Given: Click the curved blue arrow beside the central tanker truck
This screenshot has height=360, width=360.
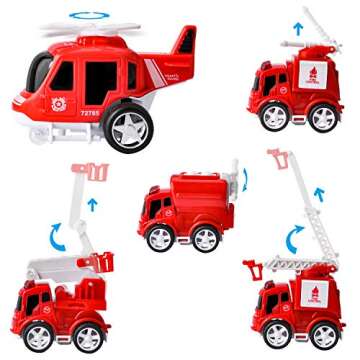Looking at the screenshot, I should [x=247, y=180].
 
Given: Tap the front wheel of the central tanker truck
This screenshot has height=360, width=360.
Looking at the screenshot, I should [x=160, y=238].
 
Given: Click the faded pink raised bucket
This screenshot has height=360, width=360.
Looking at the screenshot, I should [x=91, y=171].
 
